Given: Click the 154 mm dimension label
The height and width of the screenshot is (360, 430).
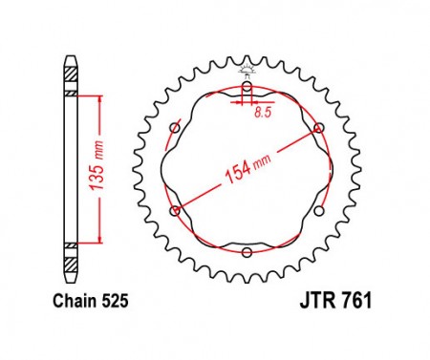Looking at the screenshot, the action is click(247, 170).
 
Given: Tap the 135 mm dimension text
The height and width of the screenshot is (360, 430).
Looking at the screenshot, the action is click(97, 165).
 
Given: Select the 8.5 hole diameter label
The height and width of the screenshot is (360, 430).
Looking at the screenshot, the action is click(263, 113).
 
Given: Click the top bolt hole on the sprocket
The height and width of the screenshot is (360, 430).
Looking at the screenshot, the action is click(247, 86).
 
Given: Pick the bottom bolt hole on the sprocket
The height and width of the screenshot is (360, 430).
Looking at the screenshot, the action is click(247, 253).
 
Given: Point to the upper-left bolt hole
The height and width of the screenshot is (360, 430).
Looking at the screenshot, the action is click(175, 128).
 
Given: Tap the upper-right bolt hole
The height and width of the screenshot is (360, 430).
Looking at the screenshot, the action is click(318, 128).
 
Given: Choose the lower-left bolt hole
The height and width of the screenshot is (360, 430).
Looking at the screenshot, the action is click(175, 211).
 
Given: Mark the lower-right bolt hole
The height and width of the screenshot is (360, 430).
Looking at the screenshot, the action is click(318, 211).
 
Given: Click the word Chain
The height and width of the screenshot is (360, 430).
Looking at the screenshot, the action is click(75, 301).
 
